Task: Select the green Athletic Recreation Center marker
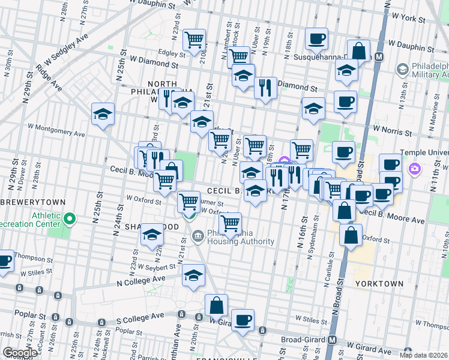[x=70, y=220]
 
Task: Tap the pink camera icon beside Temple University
[x=414, y=169]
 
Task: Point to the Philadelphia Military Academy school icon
[x=402, y=70]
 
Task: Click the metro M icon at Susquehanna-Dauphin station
[x=379, y=58]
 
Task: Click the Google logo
[x=20, y=353]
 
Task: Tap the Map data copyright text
[x=424, y=355]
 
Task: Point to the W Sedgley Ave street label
[x=61, y=50]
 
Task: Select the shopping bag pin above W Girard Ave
[x=216, y=306]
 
